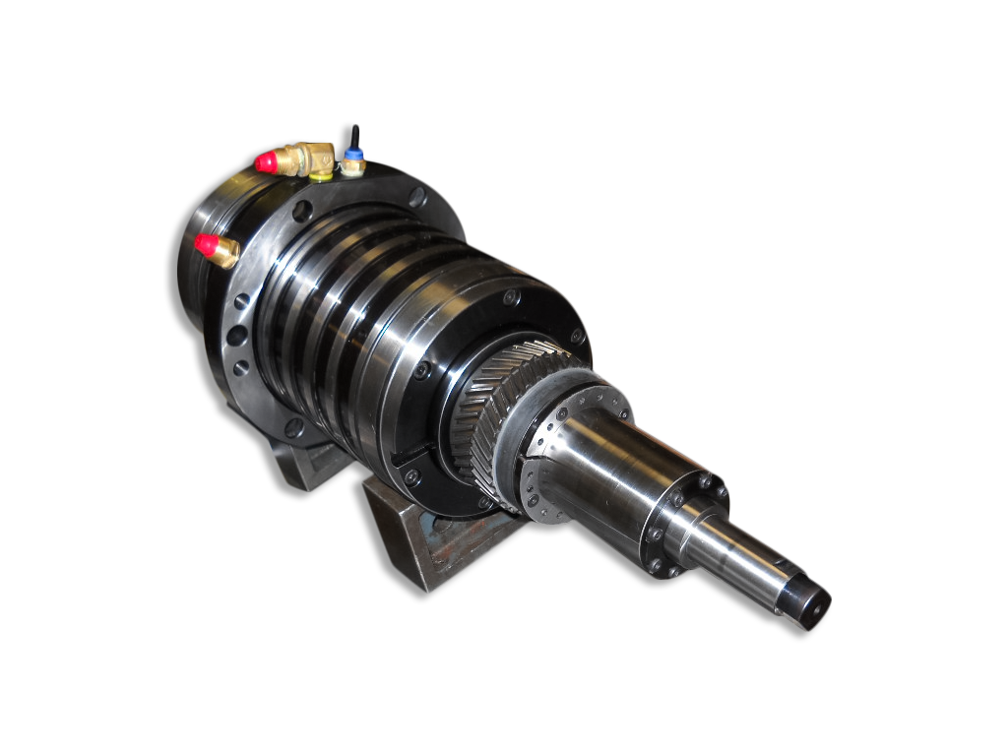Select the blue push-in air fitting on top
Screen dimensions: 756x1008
pos(351,156)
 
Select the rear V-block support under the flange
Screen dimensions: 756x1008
pos(305,463)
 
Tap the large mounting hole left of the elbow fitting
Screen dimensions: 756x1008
pos(302,210)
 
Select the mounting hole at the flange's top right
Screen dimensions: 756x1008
pos(417,197)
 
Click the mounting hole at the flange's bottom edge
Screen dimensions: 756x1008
pos(292,426)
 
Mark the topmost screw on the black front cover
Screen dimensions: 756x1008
pos(509,296)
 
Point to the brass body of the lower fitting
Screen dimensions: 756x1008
pos(225,252)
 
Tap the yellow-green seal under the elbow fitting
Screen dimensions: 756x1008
pos(320,176)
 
